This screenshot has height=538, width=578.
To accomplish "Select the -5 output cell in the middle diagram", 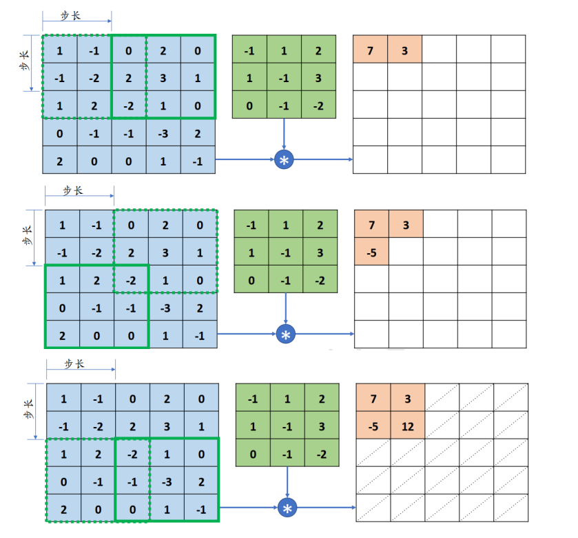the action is [371, 252].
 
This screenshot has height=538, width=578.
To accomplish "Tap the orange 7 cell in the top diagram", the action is [370, 50].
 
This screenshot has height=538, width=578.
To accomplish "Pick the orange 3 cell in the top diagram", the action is [404, 50].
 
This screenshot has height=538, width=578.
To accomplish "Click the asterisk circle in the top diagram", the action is [284, 160].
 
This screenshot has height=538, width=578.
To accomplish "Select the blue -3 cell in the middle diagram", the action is [166, 307].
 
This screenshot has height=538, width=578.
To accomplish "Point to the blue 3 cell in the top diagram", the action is [164, 78].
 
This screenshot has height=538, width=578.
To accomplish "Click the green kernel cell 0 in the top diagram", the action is [249, 106].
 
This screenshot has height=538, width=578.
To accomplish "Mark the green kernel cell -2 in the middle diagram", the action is [320, 280].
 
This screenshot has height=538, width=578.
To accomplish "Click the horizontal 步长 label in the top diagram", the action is [71, 15].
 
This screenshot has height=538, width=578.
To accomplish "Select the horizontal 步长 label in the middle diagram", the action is [73, 190].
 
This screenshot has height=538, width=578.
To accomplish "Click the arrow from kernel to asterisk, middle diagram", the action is [286, 310].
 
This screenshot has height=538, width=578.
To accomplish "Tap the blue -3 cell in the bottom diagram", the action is [167, 481].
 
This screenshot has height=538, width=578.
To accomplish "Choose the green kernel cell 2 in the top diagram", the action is [319, 50].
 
